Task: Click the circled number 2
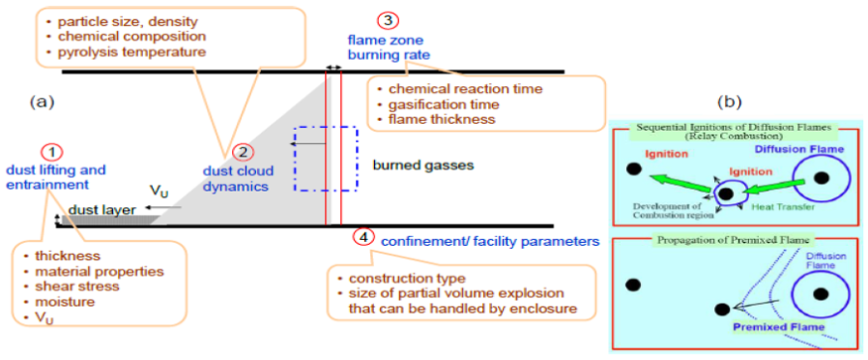point(244,153)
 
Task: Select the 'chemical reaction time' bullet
point(457,89)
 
